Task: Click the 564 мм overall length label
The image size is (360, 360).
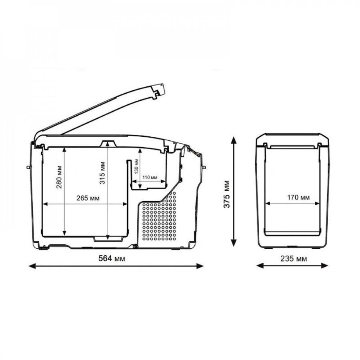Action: tap(112, 259)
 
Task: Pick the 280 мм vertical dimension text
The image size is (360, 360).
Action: tap(59, 178)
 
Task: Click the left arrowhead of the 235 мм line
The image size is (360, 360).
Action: tap(258, 266)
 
